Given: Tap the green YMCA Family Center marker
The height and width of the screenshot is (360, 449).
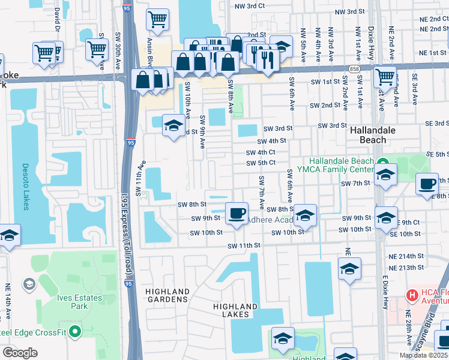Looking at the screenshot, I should tap(382, 162).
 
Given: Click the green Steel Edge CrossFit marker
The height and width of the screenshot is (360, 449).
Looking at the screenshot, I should tap(74, 331).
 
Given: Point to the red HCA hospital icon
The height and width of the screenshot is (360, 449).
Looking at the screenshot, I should tap(412, 295).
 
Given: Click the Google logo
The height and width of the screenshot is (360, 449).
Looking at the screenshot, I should tap(20, 352).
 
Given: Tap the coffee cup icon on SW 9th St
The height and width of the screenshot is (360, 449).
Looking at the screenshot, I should tap(237, 212).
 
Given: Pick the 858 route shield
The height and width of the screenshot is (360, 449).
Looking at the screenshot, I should tap(354, 70).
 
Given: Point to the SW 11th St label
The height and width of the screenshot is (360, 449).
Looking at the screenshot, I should tap(244, 246).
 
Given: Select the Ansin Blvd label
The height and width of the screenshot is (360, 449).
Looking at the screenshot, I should tap(149, 54).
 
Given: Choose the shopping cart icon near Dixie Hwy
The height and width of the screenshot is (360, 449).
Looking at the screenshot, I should tap(384, 76).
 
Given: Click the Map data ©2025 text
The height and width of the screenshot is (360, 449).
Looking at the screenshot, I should tap(423, 355).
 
